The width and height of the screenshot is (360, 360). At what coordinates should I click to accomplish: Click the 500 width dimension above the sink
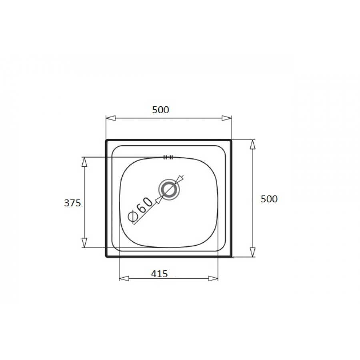point(160,110)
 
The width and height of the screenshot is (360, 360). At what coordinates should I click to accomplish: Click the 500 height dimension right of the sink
point(269,199)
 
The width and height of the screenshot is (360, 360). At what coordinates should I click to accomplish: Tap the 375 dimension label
point(72,203)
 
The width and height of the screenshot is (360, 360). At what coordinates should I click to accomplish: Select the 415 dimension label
point(159,274)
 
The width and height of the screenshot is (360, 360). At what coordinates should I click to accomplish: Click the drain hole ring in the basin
point(169,190)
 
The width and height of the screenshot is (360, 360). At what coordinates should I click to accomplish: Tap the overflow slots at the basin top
point(168,157)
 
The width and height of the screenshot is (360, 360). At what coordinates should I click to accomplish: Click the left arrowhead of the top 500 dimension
point(111,118)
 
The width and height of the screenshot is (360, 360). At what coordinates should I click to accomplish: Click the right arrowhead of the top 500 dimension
point(227,118)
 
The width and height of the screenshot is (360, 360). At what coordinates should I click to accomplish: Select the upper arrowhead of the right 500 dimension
point(252,144)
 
